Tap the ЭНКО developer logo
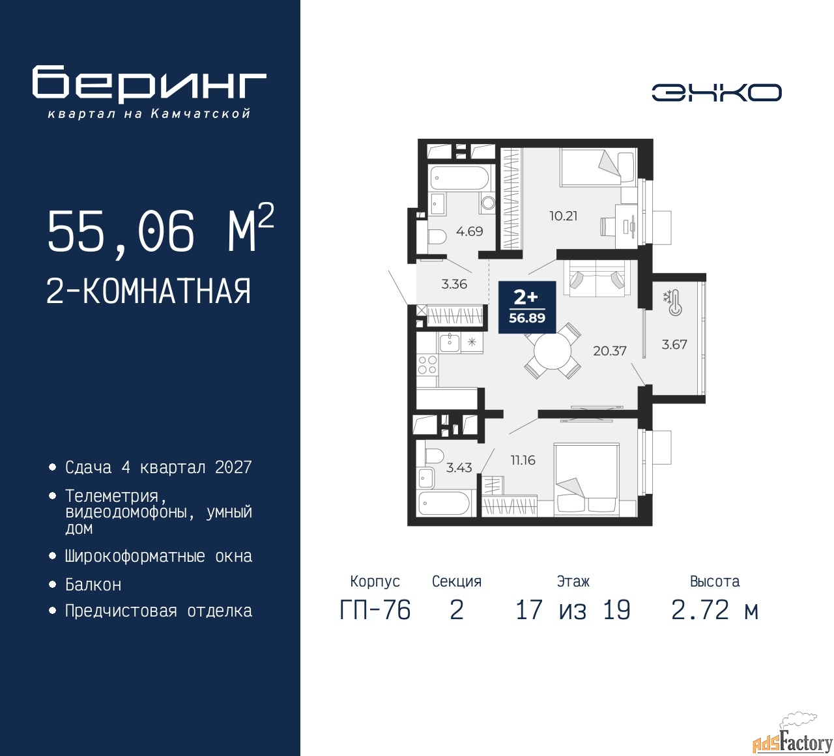[x=716, y=93]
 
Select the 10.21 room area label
[x=563, y=216]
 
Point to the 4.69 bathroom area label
[x=469, y=231]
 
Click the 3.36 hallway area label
[x=454, y=284]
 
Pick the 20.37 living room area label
[x=609, y=351]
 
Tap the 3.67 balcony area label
[x=674, y=344]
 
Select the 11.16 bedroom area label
[x=523, y=460]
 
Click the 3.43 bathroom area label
[x=459, y=467]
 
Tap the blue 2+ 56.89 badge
[x=526, y=307]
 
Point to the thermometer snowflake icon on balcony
[x=672, y=302]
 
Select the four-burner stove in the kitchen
[x=427, y=366]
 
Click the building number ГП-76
[x=375, y=610]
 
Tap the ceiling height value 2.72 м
[x=715, y=610]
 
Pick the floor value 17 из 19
[x=573, y=610]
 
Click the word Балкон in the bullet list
[x=93, y=585]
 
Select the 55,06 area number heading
[x=121, y=231]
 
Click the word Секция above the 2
[x=457, y=581]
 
